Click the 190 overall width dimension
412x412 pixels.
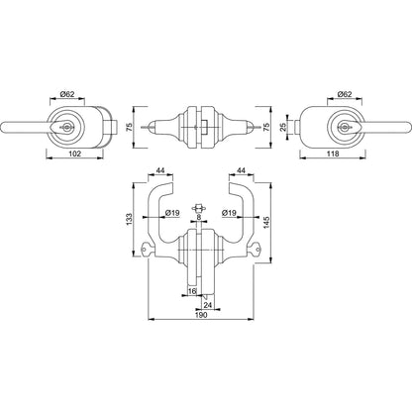(201, 315)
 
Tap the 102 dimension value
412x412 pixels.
(74, 154)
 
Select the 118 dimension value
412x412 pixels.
(333, 154)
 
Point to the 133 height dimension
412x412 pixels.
(129, 219)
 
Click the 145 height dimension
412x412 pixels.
(266, 222)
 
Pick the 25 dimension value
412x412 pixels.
(282, 127)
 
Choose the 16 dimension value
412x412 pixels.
(192, 291)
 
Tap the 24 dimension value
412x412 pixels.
(208, 304)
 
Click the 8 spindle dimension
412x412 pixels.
(198, 217)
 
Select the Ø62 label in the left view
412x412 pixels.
(67, 94)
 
